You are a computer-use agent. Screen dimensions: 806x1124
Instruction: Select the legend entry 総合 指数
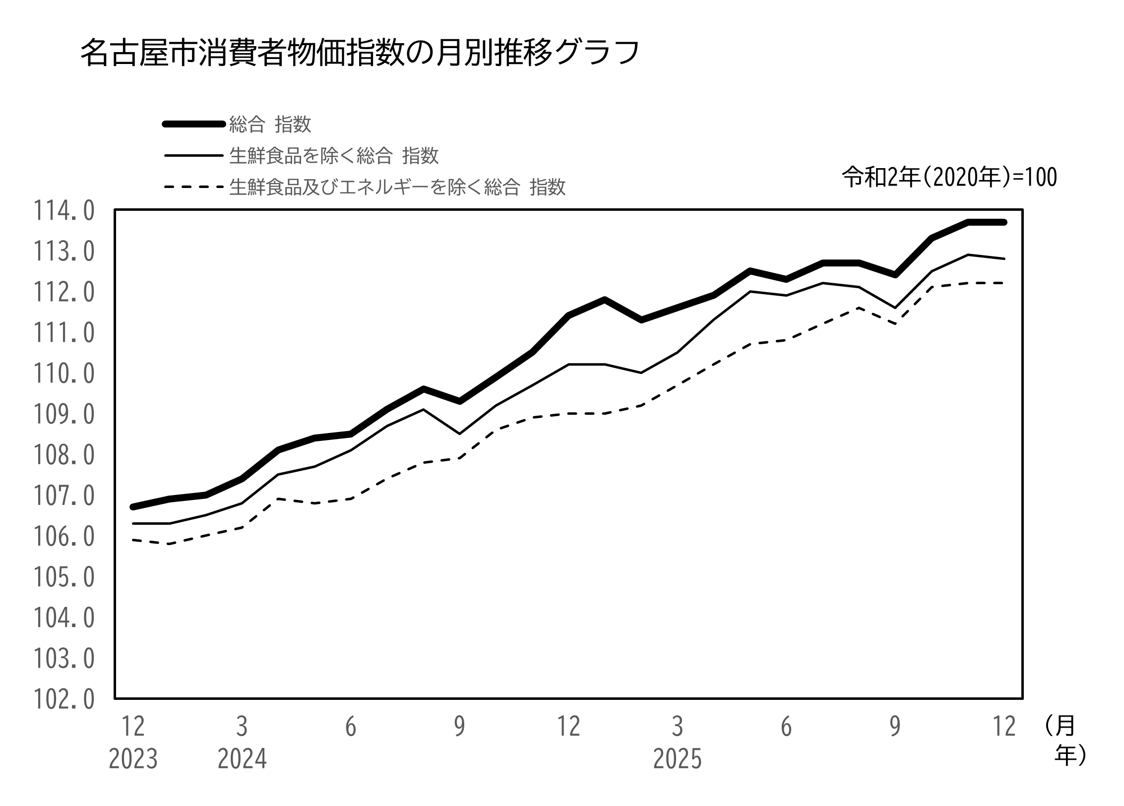tap(270, 124)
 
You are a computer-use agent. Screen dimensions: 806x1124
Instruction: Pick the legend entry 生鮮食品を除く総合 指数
tap(334, 156)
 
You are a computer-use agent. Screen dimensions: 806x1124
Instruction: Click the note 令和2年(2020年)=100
tap(949, 178)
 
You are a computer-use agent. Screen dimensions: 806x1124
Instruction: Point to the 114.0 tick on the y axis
tap(63, 211)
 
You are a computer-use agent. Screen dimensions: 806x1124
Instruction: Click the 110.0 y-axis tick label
tap(63, 374)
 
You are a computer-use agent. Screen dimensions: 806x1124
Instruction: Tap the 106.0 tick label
tap(63, 537)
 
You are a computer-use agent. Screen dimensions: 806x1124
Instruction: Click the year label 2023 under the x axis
tap(133, 759)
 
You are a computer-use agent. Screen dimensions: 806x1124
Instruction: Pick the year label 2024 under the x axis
tap(242, 759)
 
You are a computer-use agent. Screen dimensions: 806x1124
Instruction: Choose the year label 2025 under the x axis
tap(678, 759)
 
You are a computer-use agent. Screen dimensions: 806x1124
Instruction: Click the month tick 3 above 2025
tap(678, 727)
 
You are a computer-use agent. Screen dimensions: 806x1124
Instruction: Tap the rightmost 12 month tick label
tap(1004, 727)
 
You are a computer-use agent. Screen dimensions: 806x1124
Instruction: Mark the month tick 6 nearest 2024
tap(351, 727)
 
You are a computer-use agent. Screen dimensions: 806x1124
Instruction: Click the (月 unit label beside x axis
tap(1060, 727)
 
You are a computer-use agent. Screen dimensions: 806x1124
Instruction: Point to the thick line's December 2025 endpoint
tap(1004, 222)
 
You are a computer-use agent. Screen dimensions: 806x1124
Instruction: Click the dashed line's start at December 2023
tap(133, 540)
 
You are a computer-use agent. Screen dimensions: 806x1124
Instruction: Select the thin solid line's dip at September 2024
tap(460, 434)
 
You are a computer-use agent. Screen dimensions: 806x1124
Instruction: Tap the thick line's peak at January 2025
tap(605, 299)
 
